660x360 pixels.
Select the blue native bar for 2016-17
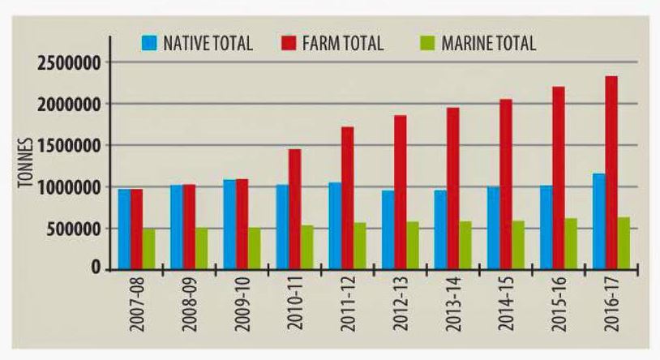[598, 221]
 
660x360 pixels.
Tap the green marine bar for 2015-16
[571, 243]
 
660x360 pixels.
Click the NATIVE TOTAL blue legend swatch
[150, 43]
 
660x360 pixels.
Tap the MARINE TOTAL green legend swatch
[427, 43]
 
